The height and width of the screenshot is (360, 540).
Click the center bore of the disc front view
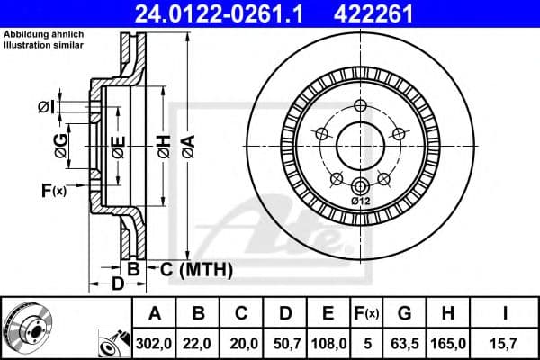(360, 144)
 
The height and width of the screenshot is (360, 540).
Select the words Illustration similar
(45, 42)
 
